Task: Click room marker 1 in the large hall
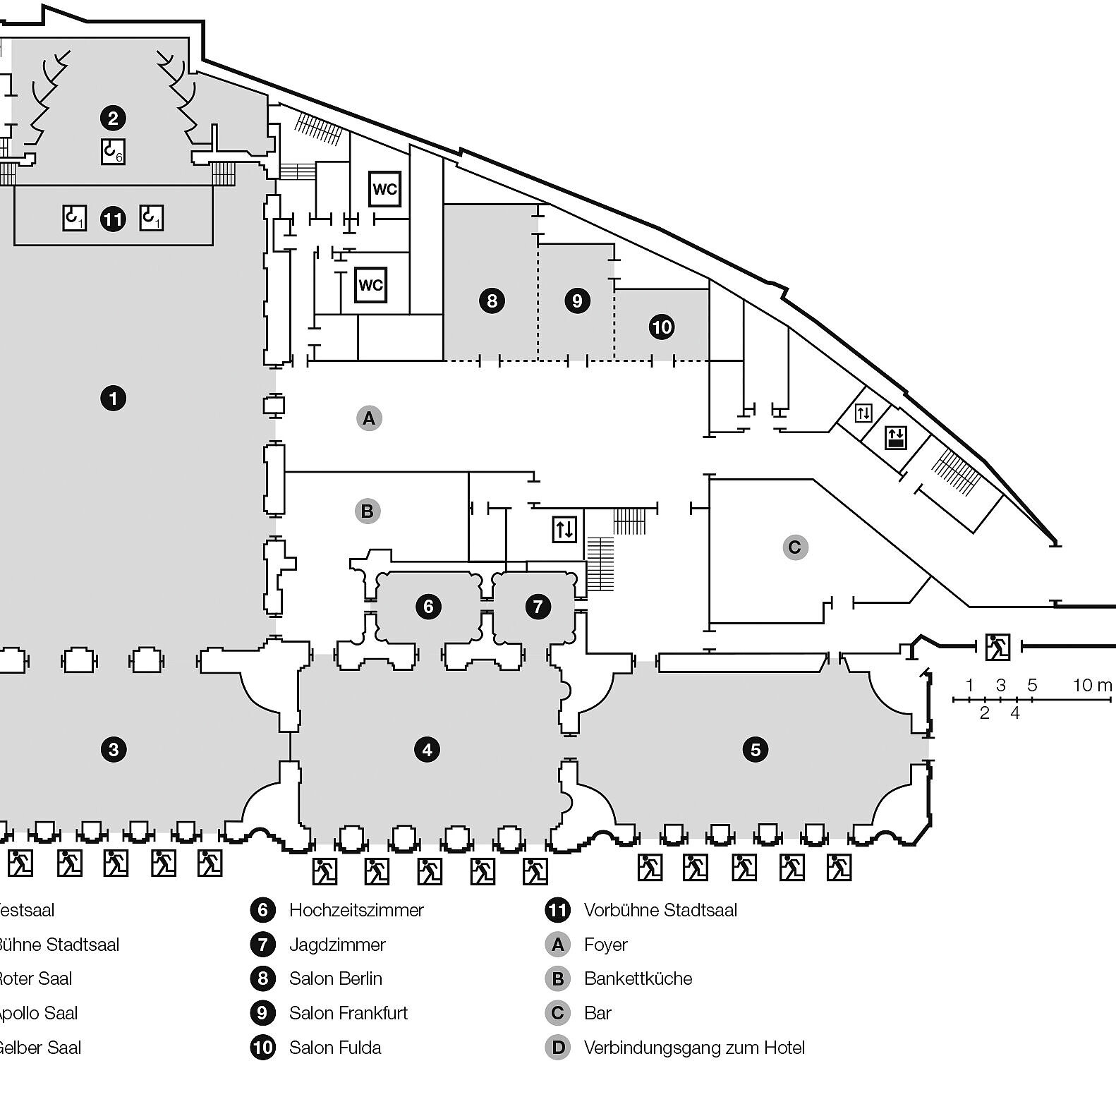[x=113, y=399]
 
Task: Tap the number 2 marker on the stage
[x=113, y=118]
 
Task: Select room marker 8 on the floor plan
[x=492, y=301]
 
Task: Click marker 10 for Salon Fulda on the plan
[x=662, y=327]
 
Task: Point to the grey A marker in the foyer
[x=368, y=418]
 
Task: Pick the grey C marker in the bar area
[x=795, y=547]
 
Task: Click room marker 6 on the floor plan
[x=428, y=606]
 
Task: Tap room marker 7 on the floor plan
[x=538, y=606]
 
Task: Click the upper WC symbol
[x=385, y=189]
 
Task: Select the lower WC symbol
[x=370, y=285]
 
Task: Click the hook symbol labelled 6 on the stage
[x=113, y=152]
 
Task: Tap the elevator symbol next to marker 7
[x=564, y=528]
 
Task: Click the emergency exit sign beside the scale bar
[x=997, y=646]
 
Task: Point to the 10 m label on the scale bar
[x=1092, y=685]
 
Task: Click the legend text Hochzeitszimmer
[x=356, y=910]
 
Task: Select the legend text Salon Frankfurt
[x=348, y=1013]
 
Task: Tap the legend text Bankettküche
[x=638, y=978]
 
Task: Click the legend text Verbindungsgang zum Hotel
[x=694, y=1048]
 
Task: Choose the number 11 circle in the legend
[x=557, y=910]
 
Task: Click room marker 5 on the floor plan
[x=756, y=749]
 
